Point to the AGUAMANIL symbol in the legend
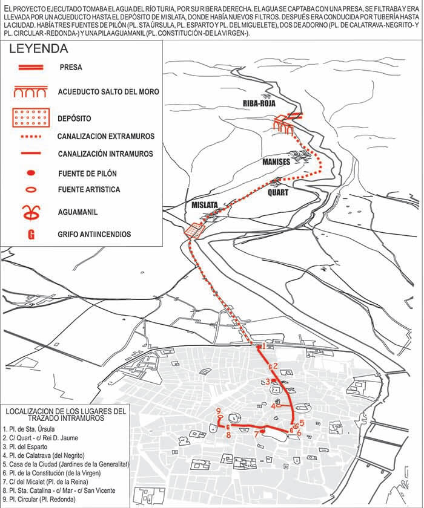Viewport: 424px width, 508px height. click(x=30, y=212)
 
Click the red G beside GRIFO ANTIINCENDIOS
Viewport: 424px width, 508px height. click(x=31, y=234)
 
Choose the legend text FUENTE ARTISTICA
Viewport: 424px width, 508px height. click(x=89, y=190)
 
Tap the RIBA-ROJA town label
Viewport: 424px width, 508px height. click(x=259, y=103)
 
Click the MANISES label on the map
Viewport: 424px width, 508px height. click(x=276, y=161)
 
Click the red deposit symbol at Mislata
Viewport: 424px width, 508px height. click(x=193, y=230)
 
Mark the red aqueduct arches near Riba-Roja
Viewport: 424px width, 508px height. click(x=283, y=123)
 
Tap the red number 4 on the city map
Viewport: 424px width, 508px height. click(x=273, y=406)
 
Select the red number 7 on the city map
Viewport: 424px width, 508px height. click(x=256, y=433)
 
